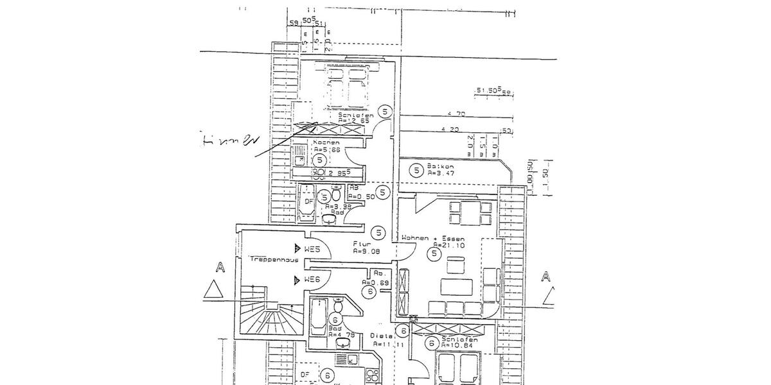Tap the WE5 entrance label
click(x=312, y=248)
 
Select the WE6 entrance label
click(x=312, y=279)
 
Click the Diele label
click(x=381, y=336)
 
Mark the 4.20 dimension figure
click(x=451, y=130)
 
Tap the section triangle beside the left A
click(x=212, y=290)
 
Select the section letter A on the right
click(x=546, y=277)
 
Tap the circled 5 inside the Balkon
click(x=416, y=170)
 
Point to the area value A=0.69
click(x=376, y=282)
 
